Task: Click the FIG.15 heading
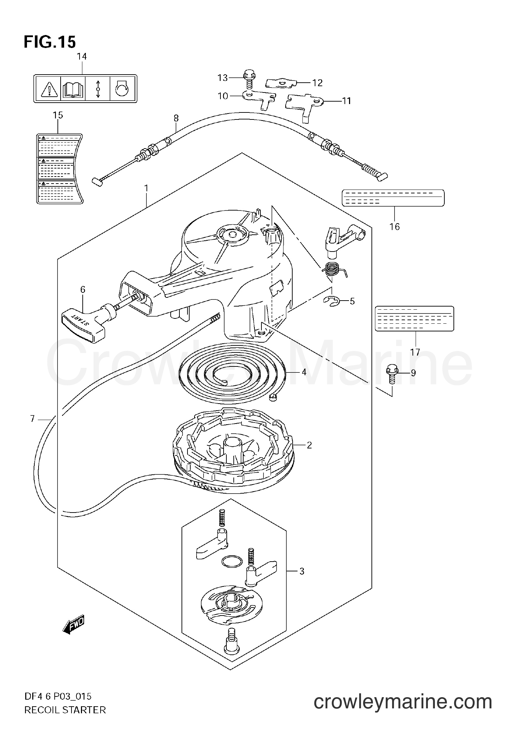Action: [49, 42]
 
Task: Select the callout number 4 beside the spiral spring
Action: [304, 372]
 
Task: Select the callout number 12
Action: [317, 83]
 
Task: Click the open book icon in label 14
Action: [73, 89]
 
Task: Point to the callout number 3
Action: [302, 571]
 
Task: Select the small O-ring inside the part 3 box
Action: [232, 562]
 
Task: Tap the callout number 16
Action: [395, 227]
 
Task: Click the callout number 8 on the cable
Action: [176, 118]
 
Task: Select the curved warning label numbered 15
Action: [60, 168]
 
